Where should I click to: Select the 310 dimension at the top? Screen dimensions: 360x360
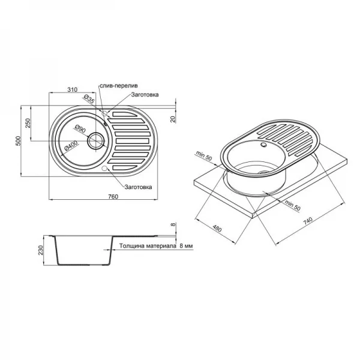pos(72,90)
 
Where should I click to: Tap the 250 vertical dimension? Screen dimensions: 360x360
pos(29,124)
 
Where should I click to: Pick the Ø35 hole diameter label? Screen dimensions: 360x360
pos(88,100)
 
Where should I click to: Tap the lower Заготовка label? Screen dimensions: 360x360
pos(137,187)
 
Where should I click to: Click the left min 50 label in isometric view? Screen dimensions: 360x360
pos(202,154)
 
